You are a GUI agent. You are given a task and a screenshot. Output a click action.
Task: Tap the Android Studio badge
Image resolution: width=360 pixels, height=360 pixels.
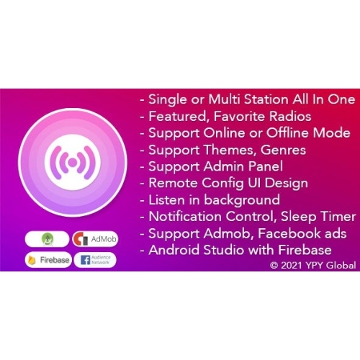47,238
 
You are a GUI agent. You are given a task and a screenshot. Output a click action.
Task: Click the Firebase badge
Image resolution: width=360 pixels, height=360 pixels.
48,259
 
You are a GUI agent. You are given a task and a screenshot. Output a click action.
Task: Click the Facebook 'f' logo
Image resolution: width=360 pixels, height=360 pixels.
85,259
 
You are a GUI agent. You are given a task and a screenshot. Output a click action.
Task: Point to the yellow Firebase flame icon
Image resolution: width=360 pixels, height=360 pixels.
32,259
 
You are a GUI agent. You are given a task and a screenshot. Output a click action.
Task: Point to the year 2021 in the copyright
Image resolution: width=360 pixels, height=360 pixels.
292,265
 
